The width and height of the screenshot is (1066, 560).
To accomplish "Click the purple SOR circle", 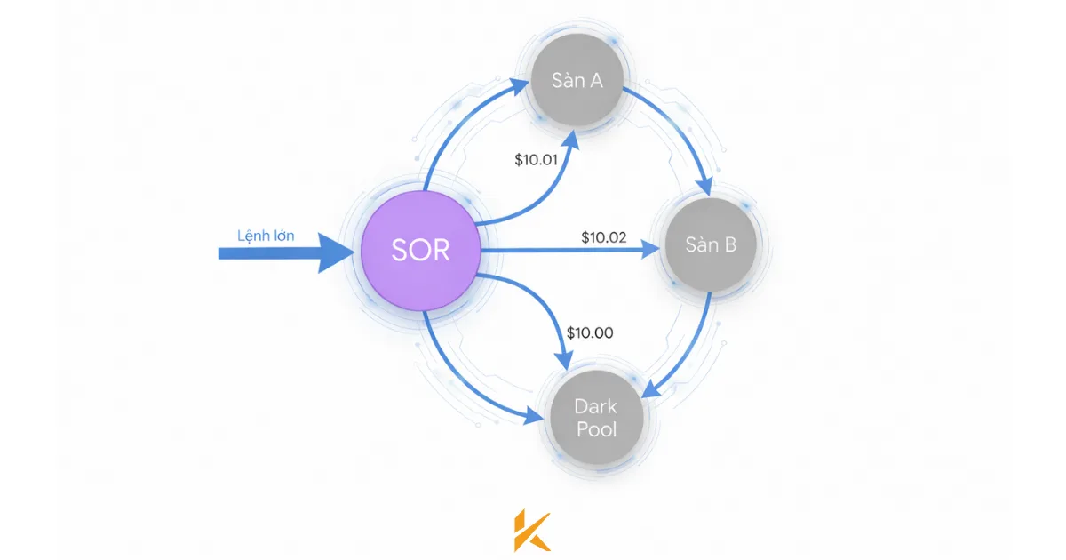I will point(421,250).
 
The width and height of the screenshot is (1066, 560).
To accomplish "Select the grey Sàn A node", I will point(577,81).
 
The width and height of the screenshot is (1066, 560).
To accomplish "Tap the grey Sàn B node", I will point(711,244).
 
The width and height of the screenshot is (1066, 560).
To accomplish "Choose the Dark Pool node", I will point(595,418).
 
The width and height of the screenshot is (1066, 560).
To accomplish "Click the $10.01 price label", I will point(537,161).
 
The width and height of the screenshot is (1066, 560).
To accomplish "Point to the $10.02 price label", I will point(604,237).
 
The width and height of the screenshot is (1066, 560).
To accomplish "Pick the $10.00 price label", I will point(591,333).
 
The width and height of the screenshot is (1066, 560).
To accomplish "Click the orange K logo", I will point(532,532).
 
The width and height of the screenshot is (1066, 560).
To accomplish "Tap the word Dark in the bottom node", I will point(595,406).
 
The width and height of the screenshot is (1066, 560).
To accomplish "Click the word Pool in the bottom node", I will point(595,429).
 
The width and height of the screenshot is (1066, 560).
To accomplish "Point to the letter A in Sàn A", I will point(595,81).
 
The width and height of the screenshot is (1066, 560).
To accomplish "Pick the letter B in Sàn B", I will point(728,244).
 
